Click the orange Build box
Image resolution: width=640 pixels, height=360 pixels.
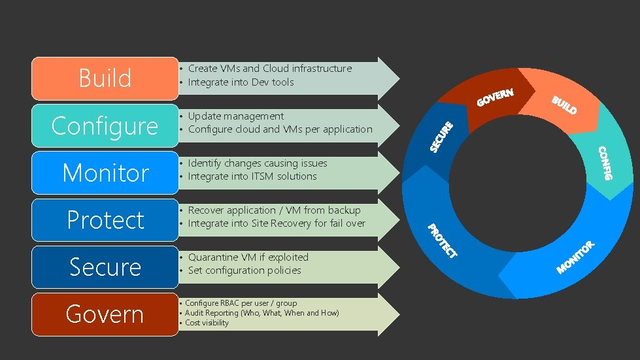[x=105, y=78]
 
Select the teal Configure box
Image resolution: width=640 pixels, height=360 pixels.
[x=105, y=125]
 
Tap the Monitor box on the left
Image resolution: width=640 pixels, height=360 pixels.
[x=105, y=173]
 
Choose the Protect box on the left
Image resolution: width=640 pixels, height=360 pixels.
[x=105, y=220]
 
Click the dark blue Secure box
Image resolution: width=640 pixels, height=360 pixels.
[x=105, y=267]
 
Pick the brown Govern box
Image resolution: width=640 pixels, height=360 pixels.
[x=105, y=314]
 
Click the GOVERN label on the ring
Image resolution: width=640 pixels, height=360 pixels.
[x=495, y=97]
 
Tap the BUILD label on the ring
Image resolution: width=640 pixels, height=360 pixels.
[x=564, y=105]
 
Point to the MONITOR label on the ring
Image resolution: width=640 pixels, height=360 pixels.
[x=575, y=257]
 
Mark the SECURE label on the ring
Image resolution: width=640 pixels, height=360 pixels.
[x=441, y=137]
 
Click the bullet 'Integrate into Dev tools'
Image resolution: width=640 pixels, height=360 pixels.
[x=241, y=82]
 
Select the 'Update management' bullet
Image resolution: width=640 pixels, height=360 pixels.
[x=236, y=116]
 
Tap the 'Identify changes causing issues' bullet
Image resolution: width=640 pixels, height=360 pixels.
[x=258, y=163]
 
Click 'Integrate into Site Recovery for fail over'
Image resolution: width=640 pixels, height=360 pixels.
[x=277, y=223]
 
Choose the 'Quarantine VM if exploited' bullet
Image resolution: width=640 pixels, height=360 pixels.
[x=248, y=257]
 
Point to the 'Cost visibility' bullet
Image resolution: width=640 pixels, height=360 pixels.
[x=207, y=323]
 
